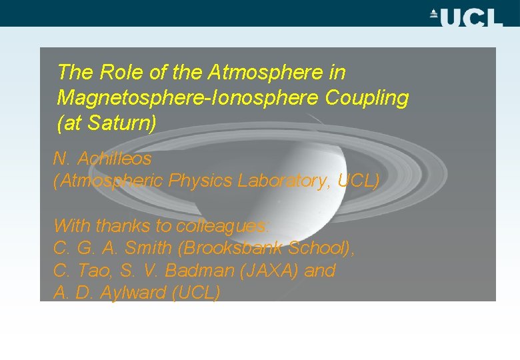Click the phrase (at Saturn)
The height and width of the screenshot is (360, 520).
tap(107, 123)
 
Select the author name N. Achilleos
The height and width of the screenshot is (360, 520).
tap(102, 159)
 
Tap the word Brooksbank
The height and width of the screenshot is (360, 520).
tap(233, 249)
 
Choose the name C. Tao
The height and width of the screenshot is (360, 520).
tap(77, 271)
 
